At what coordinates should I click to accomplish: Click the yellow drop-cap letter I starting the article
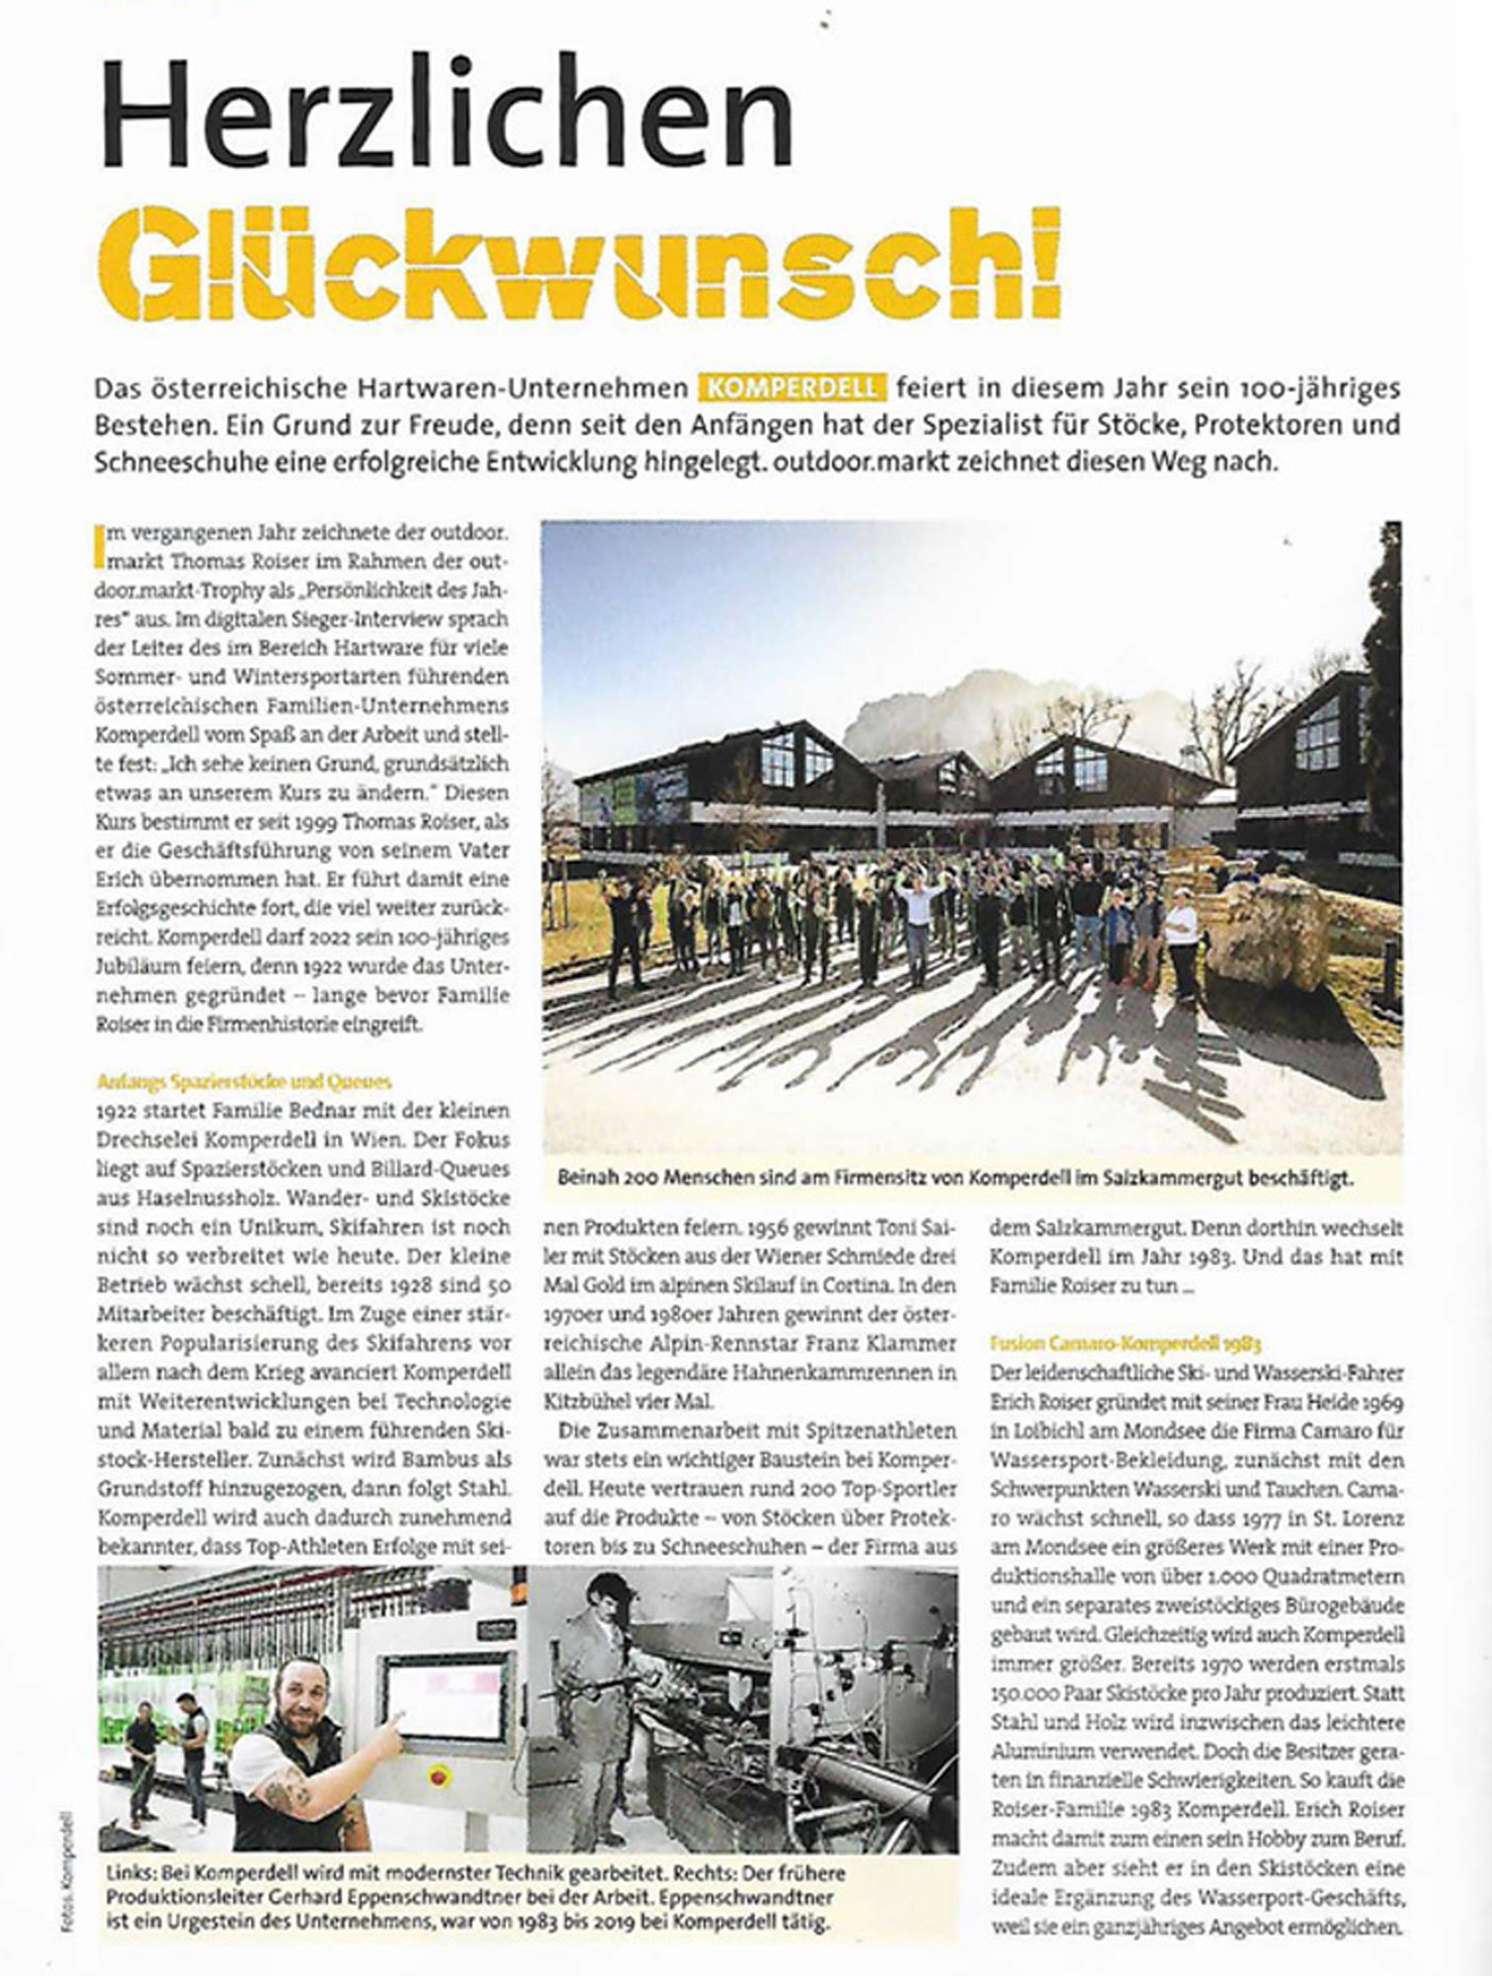98,545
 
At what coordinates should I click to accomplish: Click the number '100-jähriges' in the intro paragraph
1323,387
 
